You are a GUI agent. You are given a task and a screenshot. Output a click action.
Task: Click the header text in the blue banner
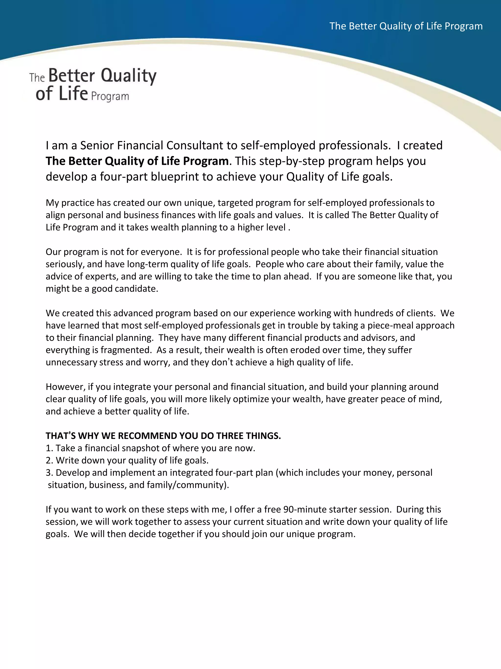coord(406,26)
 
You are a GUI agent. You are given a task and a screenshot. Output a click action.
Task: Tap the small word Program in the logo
coord(110,97)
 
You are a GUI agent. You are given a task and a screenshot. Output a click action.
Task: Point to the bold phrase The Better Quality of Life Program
coord(137,161)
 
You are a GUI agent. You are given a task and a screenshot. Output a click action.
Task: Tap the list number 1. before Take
coord(49,448)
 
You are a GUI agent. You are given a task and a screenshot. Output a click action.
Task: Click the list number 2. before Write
coord(49,460)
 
